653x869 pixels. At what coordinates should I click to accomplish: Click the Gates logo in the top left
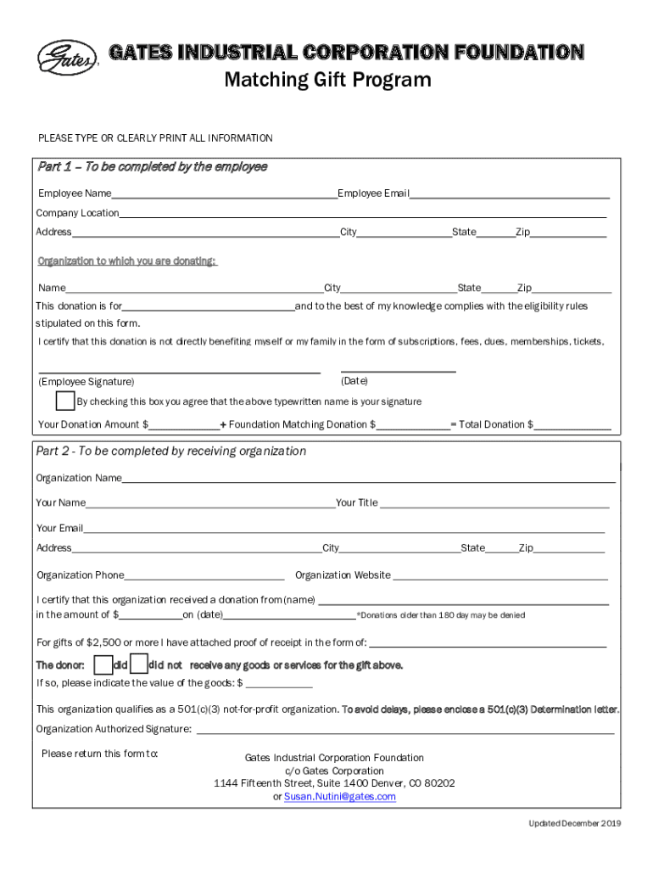click(x=68, y=58)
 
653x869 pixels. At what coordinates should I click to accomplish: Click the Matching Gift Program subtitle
click(x=327, y=80)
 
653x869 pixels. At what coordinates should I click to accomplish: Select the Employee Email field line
click(x=509, y=195)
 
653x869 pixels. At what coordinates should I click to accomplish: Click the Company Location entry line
click(x=362, y=215)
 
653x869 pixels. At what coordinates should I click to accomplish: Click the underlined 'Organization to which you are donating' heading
click(x=127, y=261)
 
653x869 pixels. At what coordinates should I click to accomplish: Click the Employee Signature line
click(x=180, y=370)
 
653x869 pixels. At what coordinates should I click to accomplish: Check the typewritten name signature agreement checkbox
click(x=64, y=401)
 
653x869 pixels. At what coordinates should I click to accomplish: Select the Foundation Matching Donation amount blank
click(x=413, y=426)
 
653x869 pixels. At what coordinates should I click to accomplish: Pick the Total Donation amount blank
click(x=572, y=426)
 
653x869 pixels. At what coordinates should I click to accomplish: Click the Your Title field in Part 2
click(x=494, y=505)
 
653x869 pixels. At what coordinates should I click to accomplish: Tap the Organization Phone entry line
click(x=204, y=577)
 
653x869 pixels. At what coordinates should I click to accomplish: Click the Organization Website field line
click(x=500, y=577)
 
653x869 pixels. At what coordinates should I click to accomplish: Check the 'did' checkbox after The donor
click(x=103, y=664)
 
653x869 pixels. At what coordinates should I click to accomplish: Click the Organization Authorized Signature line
click(x=405, y=730)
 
